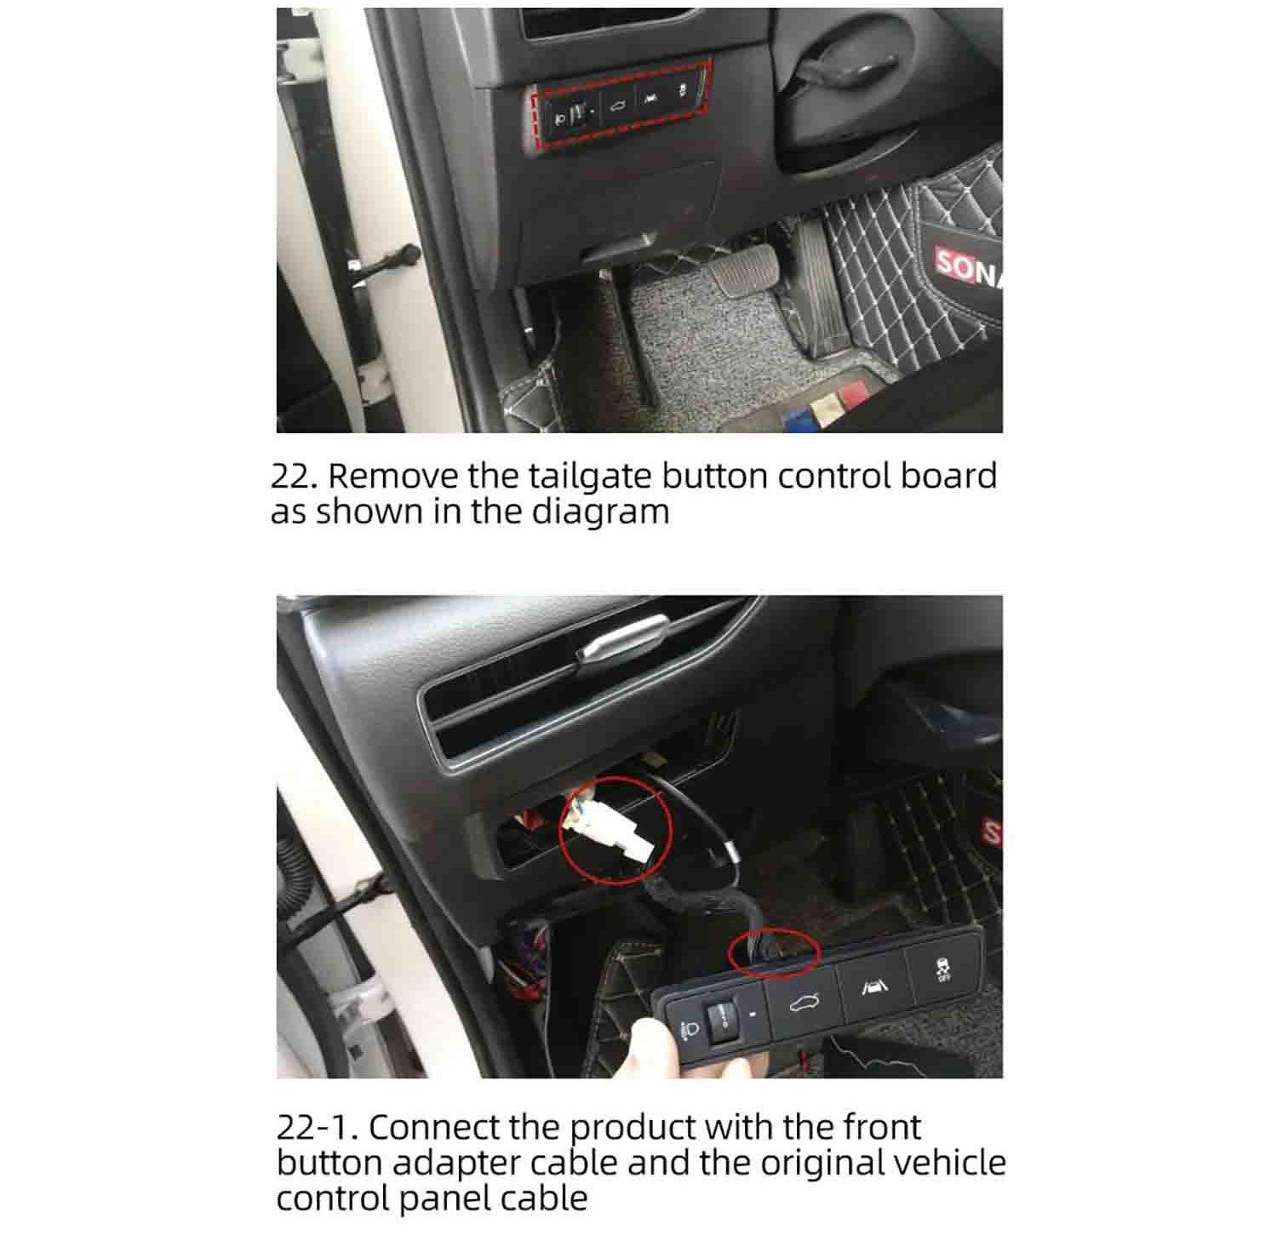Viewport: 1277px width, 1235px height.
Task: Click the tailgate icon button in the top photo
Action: (617, 106)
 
